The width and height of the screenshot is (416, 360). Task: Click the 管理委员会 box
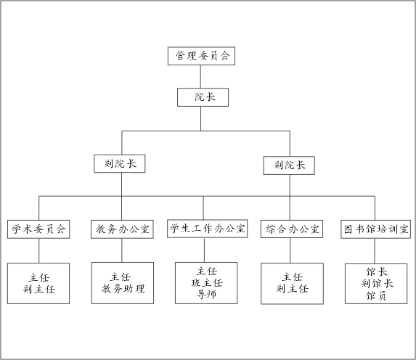[201, 56]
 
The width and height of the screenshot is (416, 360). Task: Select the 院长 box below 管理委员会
[203, 97]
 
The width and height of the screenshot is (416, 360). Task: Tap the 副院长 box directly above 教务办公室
[120, 164]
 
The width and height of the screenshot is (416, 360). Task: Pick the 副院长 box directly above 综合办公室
[289, 165]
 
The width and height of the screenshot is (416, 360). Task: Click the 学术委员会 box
[38, 229]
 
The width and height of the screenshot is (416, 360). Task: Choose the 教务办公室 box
[122, 229]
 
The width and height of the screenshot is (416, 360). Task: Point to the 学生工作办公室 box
[208, 229]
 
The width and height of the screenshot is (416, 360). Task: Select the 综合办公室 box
[292, 229]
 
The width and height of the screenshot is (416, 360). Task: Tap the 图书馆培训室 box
[376, 229]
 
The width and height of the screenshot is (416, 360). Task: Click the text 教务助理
[123, 289]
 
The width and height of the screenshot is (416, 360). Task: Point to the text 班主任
[207, 283]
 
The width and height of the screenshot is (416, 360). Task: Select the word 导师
[206, 294]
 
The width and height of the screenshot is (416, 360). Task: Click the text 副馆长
[377, 283]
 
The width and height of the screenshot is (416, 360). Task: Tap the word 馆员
[376, 295]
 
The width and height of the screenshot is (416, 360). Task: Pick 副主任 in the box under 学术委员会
[39, 289]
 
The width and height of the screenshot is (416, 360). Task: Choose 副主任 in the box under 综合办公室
[293, 288]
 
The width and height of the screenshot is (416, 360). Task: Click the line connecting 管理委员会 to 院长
[200, 77]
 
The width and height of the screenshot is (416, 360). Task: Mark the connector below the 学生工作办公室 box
[204, 250]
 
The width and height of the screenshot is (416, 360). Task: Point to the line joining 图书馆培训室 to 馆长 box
[375, 251]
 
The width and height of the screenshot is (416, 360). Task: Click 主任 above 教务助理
[121, 277]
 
